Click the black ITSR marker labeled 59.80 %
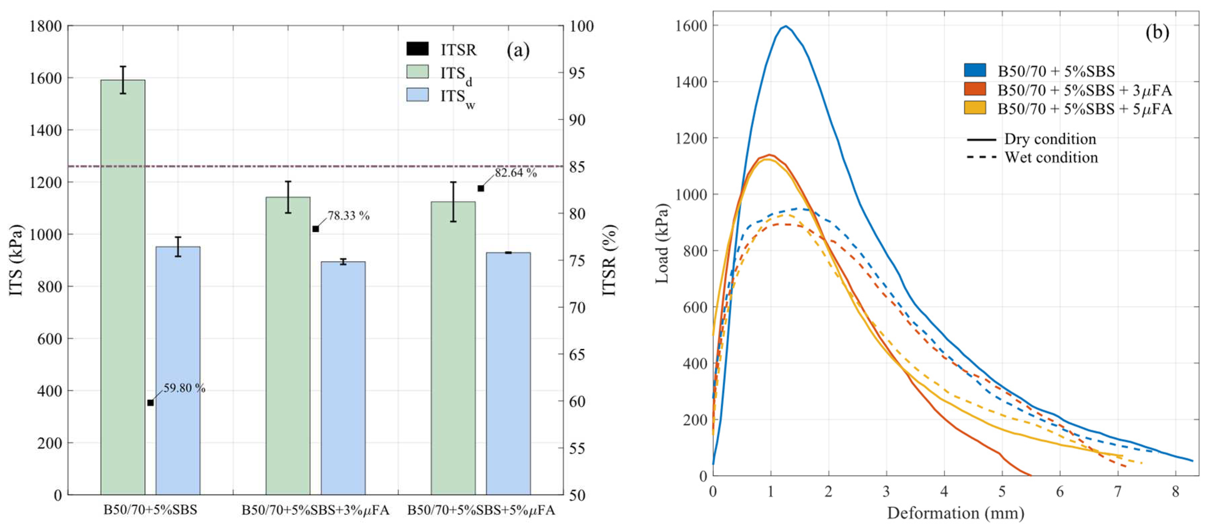150,402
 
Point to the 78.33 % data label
348,216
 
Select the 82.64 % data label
515,173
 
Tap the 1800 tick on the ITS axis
45,26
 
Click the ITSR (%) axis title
609,260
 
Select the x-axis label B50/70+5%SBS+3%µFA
315,510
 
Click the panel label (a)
518,50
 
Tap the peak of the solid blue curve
785,26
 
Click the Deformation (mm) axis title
955,513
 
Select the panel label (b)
1157,32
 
